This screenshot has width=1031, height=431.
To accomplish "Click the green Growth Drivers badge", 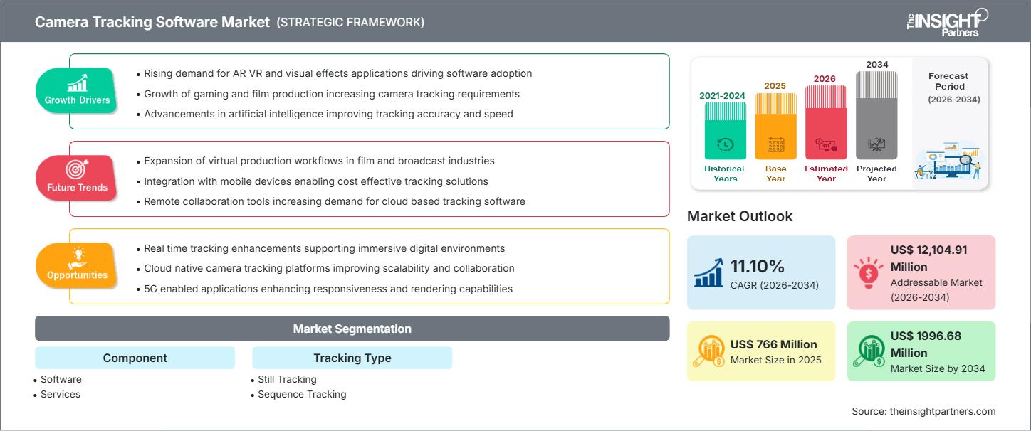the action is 76,90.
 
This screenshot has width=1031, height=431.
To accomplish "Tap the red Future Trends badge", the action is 76,178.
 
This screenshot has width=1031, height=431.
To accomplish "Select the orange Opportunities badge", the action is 76,265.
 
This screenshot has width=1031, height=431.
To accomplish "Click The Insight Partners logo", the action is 947,22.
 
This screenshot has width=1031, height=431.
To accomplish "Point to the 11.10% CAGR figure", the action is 757,266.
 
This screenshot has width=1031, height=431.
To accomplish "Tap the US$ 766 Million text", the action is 774,344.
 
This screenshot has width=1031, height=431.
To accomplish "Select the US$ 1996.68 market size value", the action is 926,344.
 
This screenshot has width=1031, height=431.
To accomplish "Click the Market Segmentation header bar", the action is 352,329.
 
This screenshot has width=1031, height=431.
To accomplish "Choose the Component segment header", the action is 135,358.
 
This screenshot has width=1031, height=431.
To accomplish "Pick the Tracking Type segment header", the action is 352,358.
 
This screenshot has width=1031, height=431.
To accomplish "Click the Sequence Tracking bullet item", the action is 301,394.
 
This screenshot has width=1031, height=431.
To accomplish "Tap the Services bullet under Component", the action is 60,394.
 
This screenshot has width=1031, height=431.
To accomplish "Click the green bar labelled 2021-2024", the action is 726,131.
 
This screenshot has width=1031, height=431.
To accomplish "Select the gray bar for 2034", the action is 876,115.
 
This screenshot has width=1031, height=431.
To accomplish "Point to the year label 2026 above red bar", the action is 825,79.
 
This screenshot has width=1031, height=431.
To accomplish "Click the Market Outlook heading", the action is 740,216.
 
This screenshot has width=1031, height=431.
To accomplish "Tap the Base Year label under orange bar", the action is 775,174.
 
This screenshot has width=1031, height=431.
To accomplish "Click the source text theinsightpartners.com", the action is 923,411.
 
